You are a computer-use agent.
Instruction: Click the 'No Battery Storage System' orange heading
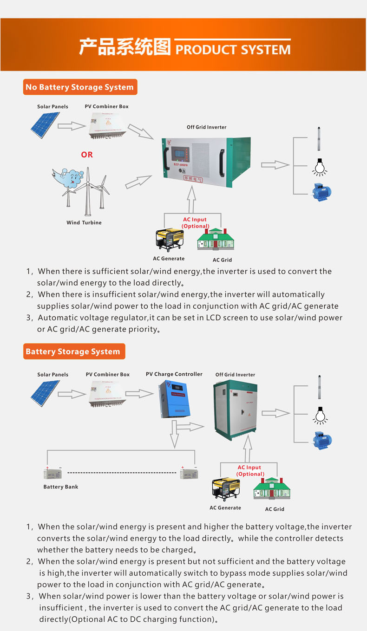pos(79,87)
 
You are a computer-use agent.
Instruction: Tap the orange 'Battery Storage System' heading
pos(73,351)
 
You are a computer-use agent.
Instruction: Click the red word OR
pos(87,155)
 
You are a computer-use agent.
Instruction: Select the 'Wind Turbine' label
pos(84,223)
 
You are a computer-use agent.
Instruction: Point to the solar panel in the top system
pos(45,124)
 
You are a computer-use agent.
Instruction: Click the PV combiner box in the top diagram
pos(107,125)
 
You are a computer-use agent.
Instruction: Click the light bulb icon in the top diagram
pos(319,168)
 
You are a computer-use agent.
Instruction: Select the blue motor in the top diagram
pos(321,192)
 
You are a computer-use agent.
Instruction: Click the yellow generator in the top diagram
pos(169,240)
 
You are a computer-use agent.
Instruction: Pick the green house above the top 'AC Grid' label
pos(215,240)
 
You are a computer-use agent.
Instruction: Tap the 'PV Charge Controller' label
pos(174,374)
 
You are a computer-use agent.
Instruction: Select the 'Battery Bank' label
pos(60,487)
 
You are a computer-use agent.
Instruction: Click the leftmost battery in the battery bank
pos(52,474)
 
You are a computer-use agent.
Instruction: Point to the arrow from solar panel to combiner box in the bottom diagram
pos(72,394)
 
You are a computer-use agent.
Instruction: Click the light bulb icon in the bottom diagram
pos(319,415)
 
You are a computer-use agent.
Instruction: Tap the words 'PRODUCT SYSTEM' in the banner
pos(233,50)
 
